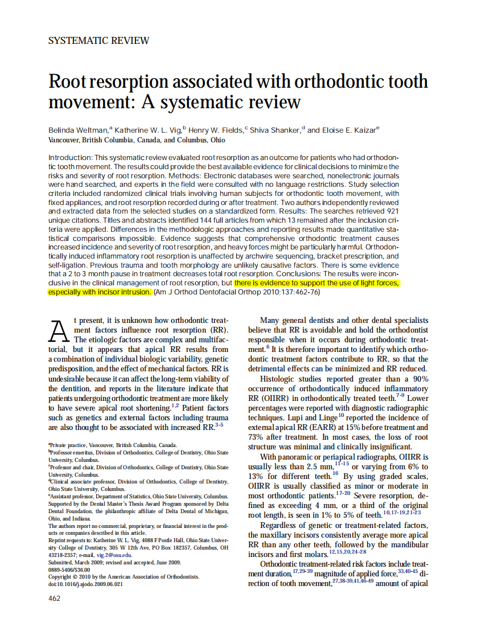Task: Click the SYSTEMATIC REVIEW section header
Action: click(99, 40)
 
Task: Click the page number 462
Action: click(54, 598)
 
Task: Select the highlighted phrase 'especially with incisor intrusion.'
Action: click(100, 292)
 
